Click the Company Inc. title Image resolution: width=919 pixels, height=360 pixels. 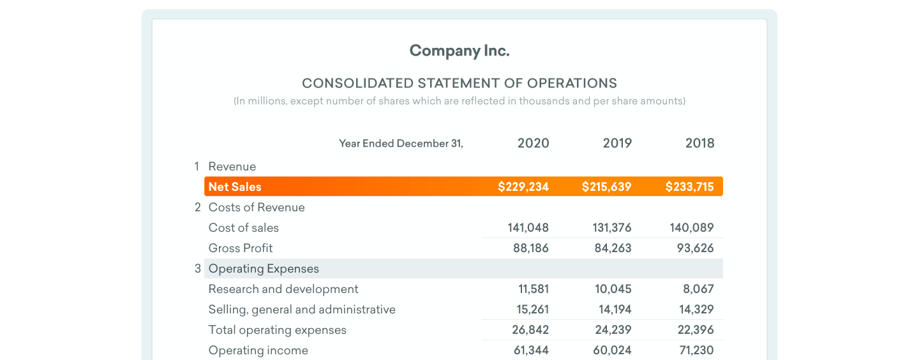459,51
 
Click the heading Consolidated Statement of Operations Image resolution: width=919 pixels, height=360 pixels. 459,83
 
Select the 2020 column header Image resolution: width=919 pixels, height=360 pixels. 533,144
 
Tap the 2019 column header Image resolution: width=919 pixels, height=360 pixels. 617,144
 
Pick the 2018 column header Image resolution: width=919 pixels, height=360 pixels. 699,144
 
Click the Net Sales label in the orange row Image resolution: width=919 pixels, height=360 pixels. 235,187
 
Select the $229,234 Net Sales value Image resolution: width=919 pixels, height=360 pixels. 523,187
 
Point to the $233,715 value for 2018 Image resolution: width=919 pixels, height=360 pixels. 689,187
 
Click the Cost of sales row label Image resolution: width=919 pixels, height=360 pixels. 243,228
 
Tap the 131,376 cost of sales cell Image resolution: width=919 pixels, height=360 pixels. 613,228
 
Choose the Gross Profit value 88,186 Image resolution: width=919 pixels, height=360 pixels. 530,248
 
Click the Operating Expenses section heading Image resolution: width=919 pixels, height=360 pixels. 264,269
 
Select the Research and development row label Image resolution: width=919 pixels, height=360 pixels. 283,289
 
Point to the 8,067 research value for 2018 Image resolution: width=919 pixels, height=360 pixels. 698,289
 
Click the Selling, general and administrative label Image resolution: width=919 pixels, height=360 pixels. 302,310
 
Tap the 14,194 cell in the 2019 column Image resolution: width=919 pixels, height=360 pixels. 613,310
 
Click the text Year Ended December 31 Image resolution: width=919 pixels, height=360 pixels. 401,144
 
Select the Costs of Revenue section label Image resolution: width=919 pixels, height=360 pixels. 257,207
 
